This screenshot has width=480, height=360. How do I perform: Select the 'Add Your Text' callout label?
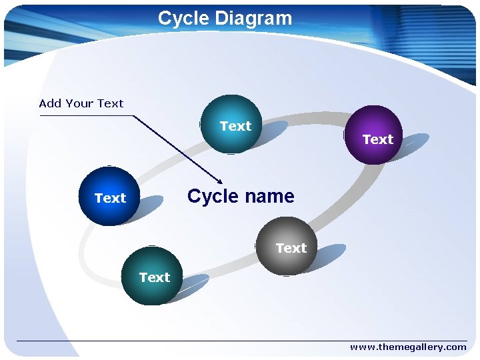pyautogui.click(x=81, y=103)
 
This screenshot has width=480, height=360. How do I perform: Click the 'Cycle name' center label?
pyautogui.click(x=241, y=196)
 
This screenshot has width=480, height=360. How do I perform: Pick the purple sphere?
pyautogui.click(x=374, y=134)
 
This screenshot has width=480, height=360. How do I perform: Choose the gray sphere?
pyautogui.click(x=287, y=245)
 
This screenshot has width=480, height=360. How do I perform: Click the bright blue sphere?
pyautogui.click(x=109, y=197)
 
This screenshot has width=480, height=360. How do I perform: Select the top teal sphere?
pyautogui.click(x=231, y=124)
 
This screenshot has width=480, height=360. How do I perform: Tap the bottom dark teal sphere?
pyautogui.click(x=152, y=276)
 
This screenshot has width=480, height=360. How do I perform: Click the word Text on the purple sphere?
pyautogui.click(x=378, y=139)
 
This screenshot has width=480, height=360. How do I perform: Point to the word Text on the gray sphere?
pyautogui.click(x=291, y=248)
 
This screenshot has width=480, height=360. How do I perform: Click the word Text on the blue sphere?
pyautogui.click(x=111, y=198)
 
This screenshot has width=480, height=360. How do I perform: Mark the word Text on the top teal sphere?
pyautogui.click(x=236, y=126)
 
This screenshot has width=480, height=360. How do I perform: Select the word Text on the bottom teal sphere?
pyautogui.click(x=155, y=277)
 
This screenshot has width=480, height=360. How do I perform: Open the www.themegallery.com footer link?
pyautogui.click(x=408, y=347)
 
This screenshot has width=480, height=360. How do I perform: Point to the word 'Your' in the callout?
pyautogui.click(x=80, y=103)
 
